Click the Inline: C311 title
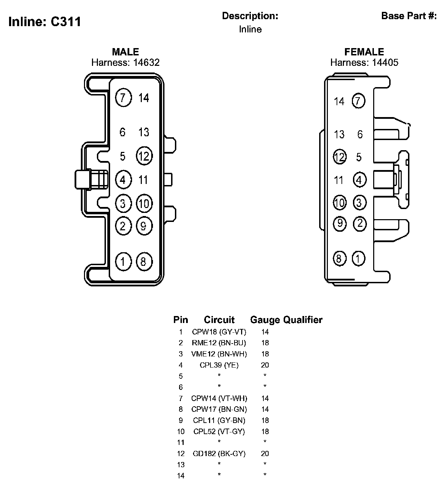tap(45, 22)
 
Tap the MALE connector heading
tap(125, 52)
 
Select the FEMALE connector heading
tap(364, 52)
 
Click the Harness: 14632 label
tap(125, 62)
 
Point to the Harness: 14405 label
tap(364, 62)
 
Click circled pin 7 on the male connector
tap(123, 98)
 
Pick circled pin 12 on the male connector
tap(144, 156)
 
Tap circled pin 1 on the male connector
tap(123, 261)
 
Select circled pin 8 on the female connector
tap(339, 259)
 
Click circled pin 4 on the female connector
tap(360, 180)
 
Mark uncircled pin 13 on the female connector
tap(339, 134)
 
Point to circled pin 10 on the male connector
tap(144, 203)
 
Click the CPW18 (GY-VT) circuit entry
tap(219, 332)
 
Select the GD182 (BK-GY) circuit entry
tap(219, 454)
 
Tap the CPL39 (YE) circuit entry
tap(219, 365)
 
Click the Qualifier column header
tap(303, 320)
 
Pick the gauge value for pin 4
tap(265, 365)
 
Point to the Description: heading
tap(250, 16)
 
